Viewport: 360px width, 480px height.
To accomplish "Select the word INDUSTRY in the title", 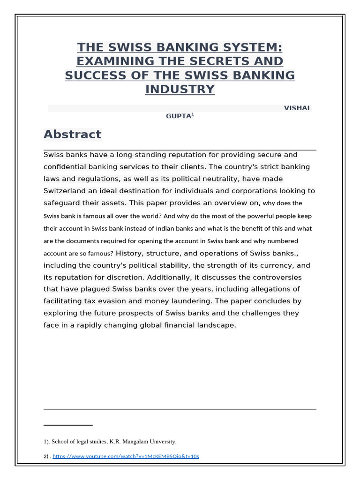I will point(180,90).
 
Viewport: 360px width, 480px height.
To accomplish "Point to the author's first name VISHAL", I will point(297,108).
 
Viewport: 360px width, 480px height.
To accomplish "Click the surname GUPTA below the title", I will point(178,117).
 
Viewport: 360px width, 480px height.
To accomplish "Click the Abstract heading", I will point(72,135).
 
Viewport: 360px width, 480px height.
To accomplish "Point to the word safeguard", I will point(62,203).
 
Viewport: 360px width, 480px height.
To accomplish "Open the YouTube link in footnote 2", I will point(126,456).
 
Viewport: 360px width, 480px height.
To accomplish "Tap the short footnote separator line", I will point(68,425).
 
